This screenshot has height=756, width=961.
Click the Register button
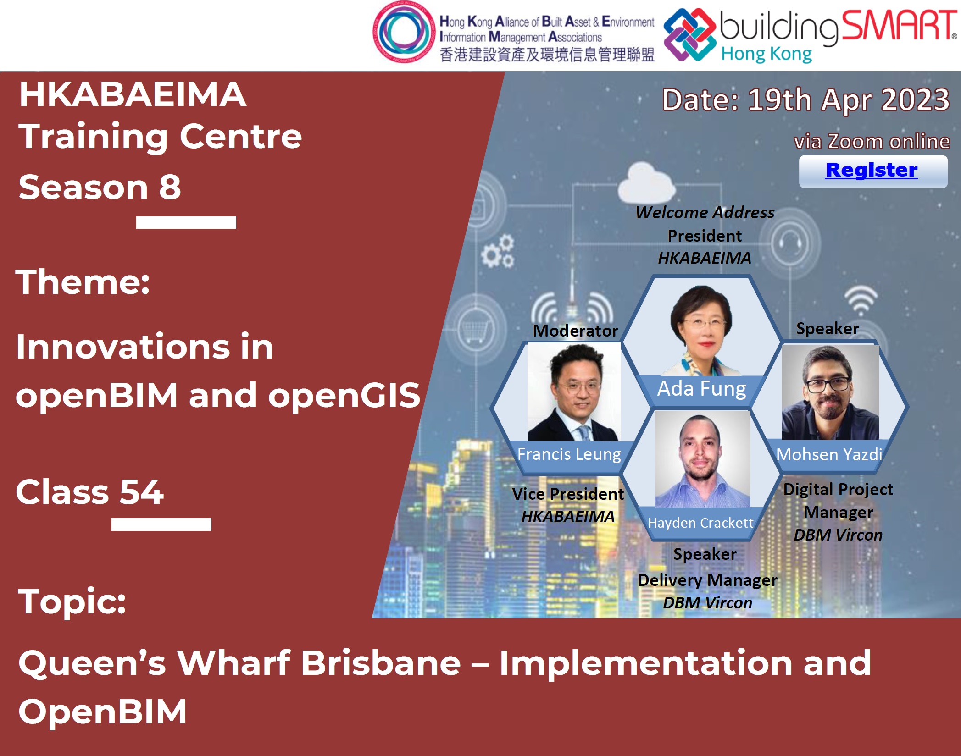[873, 171]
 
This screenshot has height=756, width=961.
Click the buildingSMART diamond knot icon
[689, 34]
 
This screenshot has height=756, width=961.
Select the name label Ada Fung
[701, 389]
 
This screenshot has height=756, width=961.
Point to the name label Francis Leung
[569, 454]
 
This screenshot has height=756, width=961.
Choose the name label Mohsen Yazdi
[829, 454]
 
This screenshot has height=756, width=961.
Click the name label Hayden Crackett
[700, 523]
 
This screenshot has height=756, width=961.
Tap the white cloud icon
[646, 183]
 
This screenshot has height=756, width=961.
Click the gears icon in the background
[498, 251]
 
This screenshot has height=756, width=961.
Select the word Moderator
[575, 331]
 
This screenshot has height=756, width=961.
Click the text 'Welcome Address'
[705, 212]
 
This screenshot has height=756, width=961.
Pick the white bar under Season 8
[186, 222]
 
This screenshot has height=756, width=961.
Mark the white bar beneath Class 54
[161, 524]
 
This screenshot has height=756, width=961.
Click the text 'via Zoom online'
[872, 141]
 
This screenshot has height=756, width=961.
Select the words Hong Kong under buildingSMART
[767, 54]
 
